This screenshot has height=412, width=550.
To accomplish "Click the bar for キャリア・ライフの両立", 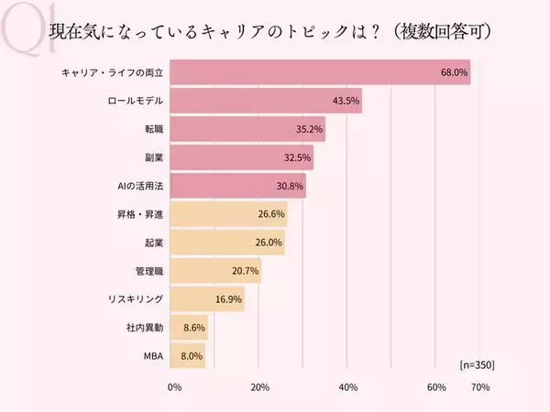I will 320,71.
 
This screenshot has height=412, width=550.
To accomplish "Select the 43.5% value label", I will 345,101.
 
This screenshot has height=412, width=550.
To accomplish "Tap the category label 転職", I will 151,129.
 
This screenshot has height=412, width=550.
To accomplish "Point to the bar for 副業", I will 241,157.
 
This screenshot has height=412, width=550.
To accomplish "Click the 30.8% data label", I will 289,186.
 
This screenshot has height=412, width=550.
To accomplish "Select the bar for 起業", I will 227,243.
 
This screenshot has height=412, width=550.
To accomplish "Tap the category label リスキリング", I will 136,299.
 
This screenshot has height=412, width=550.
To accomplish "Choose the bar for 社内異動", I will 189,328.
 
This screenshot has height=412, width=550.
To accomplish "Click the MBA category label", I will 153,356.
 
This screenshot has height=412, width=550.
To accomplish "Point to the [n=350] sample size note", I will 477,364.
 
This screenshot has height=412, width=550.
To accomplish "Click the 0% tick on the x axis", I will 175,387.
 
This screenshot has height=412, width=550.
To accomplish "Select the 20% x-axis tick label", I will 261,387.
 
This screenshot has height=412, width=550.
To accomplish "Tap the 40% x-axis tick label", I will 348,387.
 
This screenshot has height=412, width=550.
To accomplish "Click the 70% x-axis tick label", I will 479,387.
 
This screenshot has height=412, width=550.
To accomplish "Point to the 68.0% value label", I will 453,71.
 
